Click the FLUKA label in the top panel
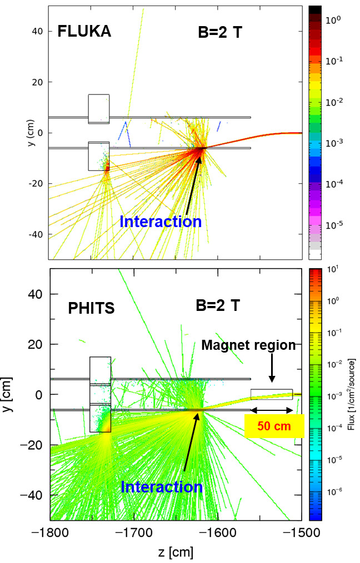click(84, 32)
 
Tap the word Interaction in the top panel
click(161, 222)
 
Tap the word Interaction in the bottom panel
click(162, 487)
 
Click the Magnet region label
click(248, 345)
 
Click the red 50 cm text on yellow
click(274, 428)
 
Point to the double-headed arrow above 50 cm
click(272, 411)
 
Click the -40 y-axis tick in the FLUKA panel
click(37, 234)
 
